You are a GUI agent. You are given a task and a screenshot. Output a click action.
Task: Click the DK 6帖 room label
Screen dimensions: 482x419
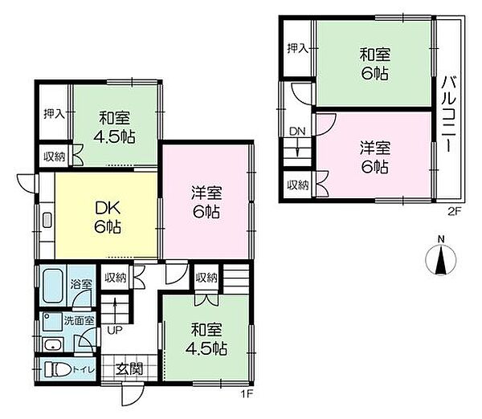(108, 218)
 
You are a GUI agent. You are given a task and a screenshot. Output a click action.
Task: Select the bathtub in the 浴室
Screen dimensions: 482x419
(52, 287)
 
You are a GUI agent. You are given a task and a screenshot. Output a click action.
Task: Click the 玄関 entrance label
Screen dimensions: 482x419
(129, 369)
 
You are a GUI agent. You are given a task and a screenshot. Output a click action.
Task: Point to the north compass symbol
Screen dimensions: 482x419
(441, 258)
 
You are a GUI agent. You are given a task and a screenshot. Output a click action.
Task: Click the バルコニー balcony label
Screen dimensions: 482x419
(449, 115)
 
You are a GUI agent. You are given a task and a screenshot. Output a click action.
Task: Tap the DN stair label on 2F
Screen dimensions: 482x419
(297, 132)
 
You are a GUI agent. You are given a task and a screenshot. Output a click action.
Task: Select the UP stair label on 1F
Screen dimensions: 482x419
(115, 330)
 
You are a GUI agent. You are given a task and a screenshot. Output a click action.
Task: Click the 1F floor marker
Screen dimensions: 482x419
(247, 393)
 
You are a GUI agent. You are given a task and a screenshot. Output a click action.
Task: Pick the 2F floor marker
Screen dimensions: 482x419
(454, 212)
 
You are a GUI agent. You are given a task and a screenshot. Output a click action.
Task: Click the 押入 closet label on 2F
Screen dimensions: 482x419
(297, 48)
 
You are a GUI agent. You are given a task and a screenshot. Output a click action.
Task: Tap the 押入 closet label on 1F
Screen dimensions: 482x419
(54, 114)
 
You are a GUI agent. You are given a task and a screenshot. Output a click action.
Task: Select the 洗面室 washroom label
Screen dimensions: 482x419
(79, 321)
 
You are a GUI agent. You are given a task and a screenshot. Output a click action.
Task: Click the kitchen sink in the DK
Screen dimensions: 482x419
(47, 220)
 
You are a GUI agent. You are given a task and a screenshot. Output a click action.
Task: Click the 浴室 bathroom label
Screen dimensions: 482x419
(81, 284)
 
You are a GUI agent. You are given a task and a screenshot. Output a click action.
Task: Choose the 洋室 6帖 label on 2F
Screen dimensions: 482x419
(375, 157)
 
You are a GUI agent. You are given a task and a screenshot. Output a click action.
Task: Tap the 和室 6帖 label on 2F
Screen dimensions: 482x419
(374, 64)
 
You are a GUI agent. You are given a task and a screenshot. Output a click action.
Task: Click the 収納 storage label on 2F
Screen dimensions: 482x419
(298, 185)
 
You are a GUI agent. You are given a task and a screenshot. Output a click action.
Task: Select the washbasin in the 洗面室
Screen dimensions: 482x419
(54, 344)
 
